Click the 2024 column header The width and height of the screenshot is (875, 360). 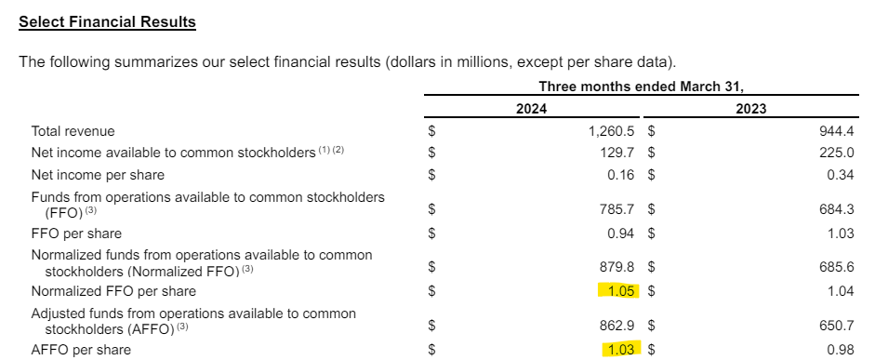531,109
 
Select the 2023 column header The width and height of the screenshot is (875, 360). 750,109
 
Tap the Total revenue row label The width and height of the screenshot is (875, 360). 73,132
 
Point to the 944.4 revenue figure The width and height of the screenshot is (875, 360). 836,132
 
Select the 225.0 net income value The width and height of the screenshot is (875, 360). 836,153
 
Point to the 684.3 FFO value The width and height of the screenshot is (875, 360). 836,211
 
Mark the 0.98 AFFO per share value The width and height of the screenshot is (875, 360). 840,350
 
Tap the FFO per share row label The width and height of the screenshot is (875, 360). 76,233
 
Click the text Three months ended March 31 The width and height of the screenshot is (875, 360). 641,87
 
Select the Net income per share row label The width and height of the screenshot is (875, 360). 98,174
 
